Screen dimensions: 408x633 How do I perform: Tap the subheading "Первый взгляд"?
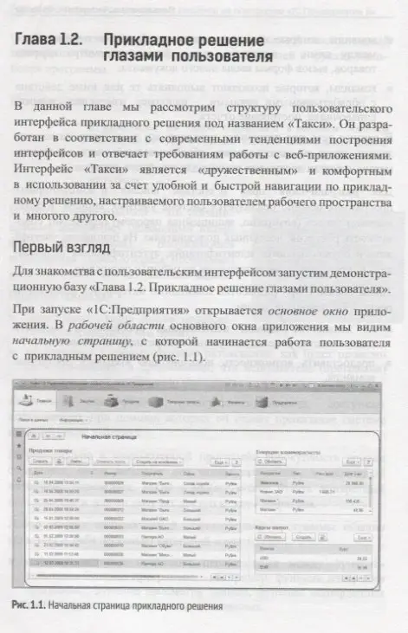point(62,249)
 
